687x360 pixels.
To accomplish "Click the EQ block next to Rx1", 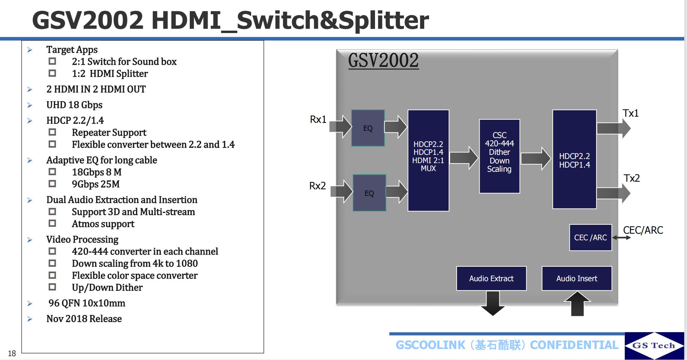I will (x=368, y=128).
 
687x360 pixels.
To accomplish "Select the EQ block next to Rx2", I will (x=369, y=193).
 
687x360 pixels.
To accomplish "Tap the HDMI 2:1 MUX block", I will (x=428, y=160).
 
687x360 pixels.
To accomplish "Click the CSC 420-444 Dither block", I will (x=499, y=156).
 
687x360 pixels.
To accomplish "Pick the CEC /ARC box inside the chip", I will (x=590, y=237).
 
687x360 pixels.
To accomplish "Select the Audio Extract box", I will (x=491, y=278).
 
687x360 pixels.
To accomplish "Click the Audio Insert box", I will (x=576, y=278).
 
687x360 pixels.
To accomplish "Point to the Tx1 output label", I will (x=630, y=113).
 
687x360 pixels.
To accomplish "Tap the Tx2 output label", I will (x=632, y=178).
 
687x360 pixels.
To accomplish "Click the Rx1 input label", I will (x=318, y=119).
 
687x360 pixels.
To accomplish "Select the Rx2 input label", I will (x=317, y=186).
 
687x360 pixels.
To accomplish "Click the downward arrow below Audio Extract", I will (x=493, y=303).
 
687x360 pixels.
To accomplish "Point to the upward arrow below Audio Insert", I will (x=577, y=303).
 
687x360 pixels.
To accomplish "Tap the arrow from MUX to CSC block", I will (x=464, y=158).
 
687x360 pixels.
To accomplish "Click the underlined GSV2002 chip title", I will (x=383, y=61).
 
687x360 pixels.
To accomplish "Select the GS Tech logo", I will (x=654, y=346).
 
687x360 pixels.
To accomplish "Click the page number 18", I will (x=12, y=353).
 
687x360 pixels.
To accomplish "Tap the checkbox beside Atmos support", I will (x=52, y=223).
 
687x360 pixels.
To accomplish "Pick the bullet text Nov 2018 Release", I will (x=84, y=319).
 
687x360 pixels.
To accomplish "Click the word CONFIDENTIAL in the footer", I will (x=574, y=345).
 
